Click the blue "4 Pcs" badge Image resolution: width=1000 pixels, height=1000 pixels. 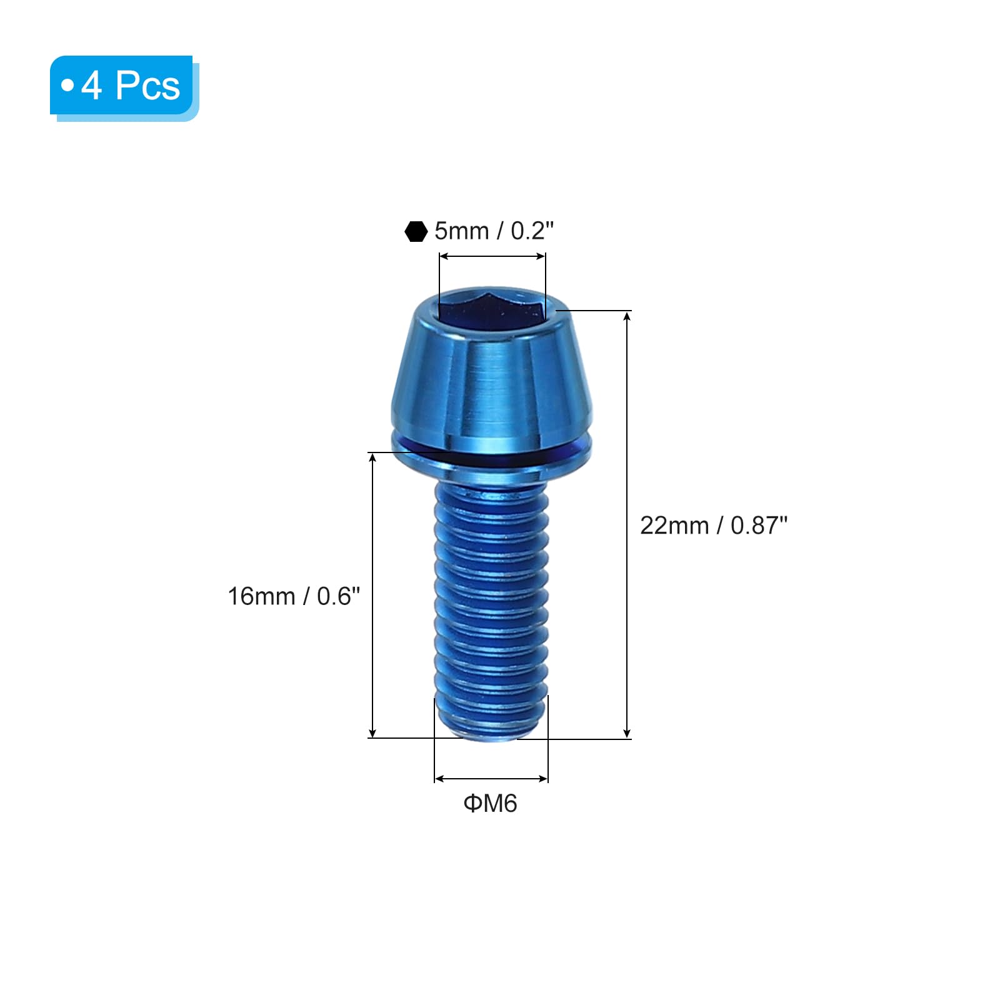124,87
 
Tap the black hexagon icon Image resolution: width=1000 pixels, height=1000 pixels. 416,231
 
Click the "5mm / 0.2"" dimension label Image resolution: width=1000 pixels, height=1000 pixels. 494,231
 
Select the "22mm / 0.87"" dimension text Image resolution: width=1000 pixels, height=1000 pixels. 714,526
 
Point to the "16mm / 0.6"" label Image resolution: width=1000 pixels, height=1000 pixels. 294,596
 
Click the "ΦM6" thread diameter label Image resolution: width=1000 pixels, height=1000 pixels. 491,804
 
